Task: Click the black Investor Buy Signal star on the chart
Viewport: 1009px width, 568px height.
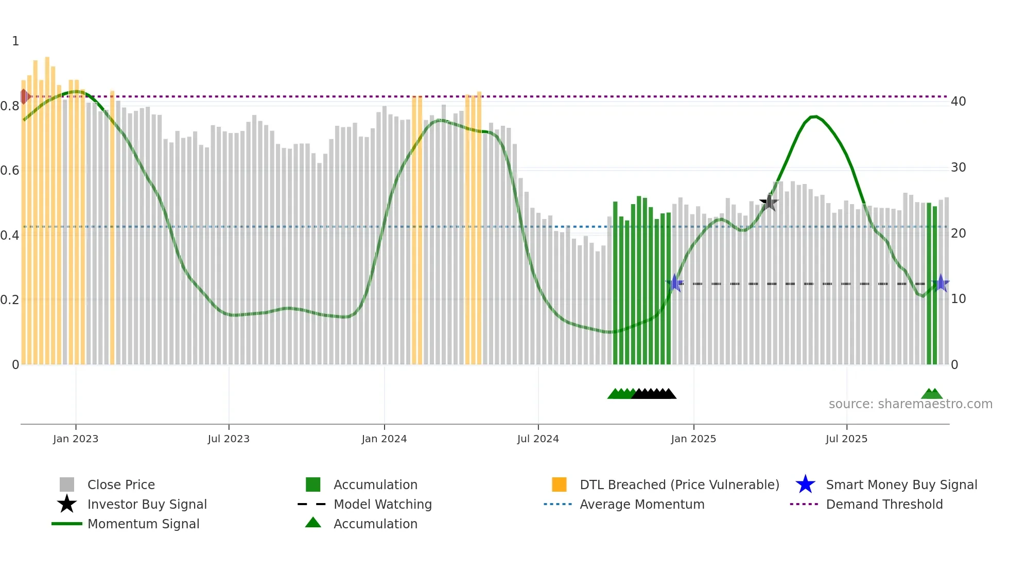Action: (x=769, y=203)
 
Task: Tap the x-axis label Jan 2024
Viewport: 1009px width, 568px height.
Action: (x=384, y=439)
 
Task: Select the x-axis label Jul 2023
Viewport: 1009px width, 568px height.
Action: (x=229, y=439)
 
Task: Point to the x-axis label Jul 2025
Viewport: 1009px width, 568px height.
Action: (x=846, y=439)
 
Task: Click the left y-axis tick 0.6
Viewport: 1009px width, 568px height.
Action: (x=10, y=171)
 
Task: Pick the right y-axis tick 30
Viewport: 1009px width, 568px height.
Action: (x=959, y=168)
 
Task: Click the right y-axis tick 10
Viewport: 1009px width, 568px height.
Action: (x=959, y=299)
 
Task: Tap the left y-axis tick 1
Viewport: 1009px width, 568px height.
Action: (x=15, y=41)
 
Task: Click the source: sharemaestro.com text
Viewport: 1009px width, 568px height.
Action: (x=910, y=404)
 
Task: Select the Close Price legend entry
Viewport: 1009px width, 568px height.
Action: (x=121, y=485)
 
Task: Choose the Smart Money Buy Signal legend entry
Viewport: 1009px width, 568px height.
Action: (x=901, y=485)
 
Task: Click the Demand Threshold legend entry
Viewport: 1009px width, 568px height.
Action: (x=884, y=505)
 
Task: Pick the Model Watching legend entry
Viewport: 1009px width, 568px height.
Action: (x=382, y=505)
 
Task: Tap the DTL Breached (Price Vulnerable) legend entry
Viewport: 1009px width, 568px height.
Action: (x=679, y=485)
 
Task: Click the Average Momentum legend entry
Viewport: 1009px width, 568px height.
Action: (x=641, y=505)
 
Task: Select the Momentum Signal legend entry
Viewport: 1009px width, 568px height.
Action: (x=143, y=524)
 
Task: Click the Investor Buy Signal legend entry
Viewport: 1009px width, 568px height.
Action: (x=147, y=505)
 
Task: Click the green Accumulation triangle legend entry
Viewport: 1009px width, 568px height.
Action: (x=375, y=524)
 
